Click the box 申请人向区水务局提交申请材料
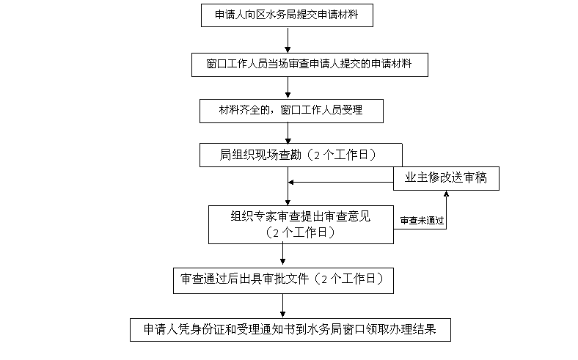pos(287,15)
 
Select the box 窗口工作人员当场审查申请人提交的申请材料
pos(309,64)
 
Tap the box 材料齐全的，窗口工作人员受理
pos(291,111)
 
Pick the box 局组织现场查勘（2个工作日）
pos(301,155)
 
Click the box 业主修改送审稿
pos(446,178)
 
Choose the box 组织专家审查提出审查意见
pos(301,224)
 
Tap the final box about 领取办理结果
pos(290,329)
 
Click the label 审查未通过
pos(422,220)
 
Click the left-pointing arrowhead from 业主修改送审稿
pos(292,182)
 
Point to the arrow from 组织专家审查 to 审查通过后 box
pos(283,254)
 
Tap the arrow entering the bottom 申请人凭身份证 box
pos(283,304)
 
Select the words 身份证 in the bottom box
pos(203,329)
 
